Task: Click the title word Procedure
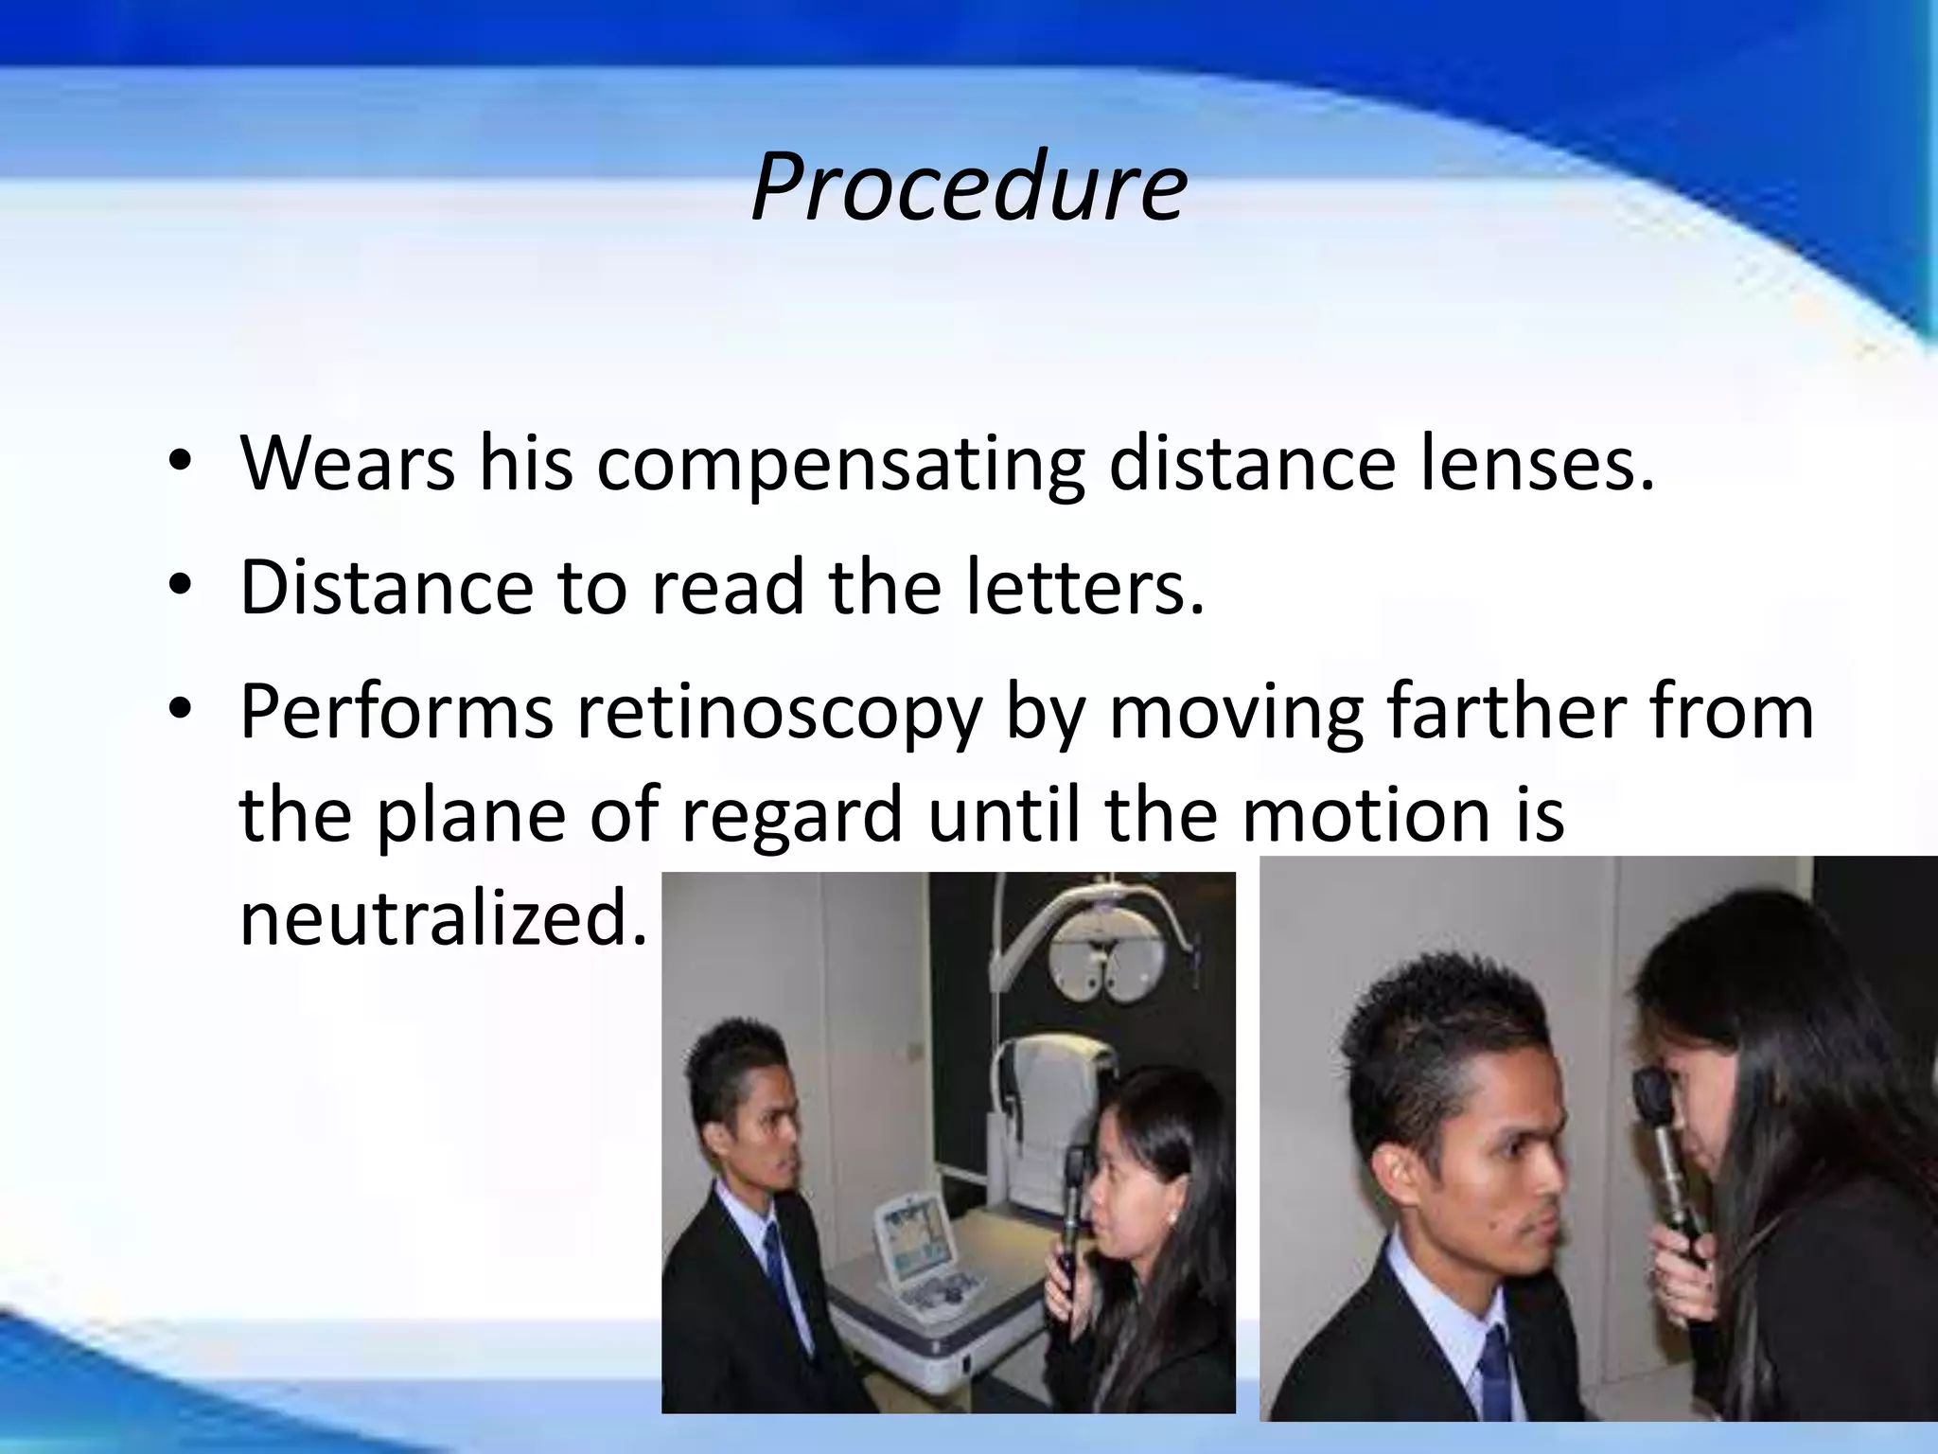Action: (x=968, y=186)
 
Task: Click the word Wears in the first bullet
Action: (x=347, y=464)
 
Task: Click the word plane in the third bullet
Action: (x=469, y=816)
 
